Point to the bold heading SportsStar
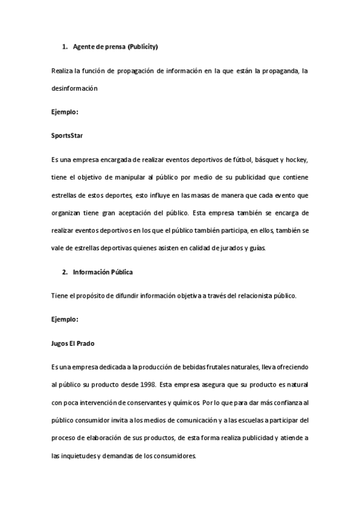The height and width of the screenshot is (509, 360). [67, 136]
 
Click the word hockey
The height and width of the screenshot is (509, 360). [296, 161]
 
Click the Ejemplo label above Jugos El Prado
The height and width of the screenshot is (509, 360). [65, 320]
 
